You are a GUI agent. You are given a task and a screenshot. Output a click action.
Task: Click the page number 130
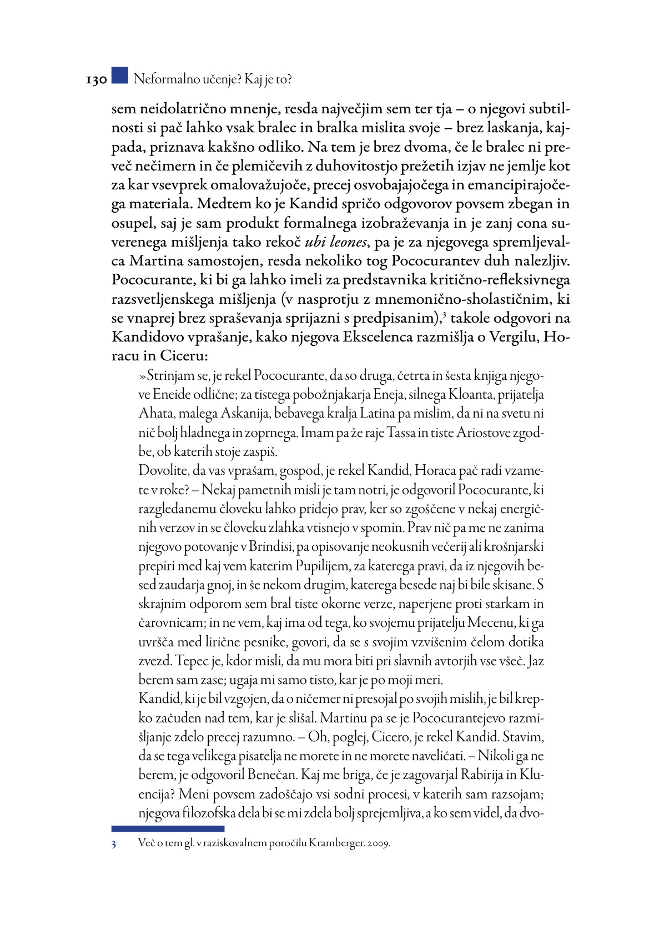pyautogui.click(x=96, y=80)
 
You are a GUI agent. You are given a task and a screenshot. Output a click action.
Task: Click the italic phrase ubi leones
pyautogui.click(x=336, y=242)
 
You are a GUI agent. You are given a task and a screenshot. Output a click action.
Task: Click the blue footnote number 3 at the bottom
pyautogui.click(x=114, y=844)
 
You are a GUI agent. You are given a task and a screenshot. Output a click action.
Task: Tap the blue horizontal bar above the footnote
pyautogui.click(x=168, y=828)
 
